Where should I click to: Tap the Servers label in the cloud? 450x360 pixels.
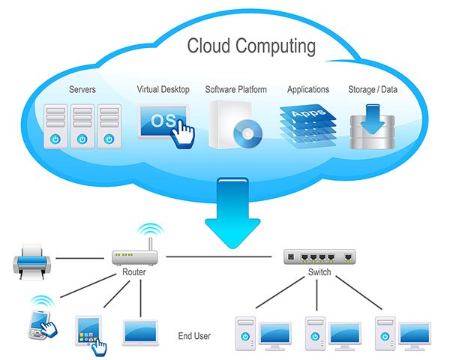(82, 89)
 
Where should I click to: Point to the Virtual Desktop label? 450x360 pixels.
(163, 89)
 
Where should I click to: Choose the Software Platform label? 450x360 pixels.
(235, 89)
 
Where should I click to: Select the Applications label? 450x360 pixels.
(307, 89)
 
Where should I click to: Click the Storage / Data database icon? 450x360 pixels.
(373, 126)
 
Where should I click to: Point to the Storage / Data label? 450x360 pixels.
(373, 89)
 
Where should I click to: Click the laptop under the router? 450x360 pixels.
(139, 328)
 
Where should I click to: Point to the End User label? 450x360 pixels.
(194, 335)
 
